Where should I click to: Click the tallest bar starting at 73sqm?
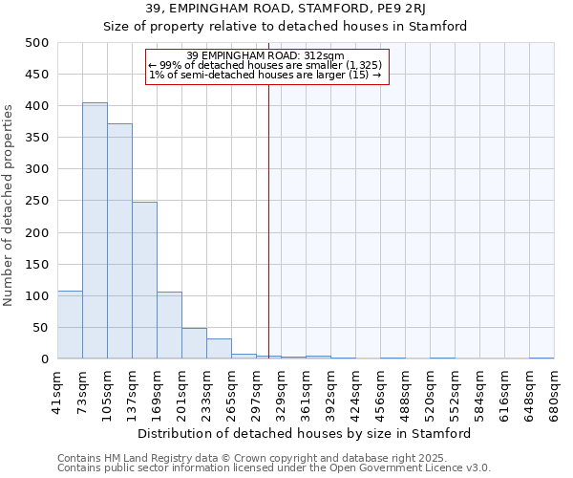[x=95, y=230]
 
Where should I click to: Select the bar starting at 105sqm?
[x=119, y=241]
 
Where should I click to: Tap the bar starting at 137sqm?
[x=144, y=280]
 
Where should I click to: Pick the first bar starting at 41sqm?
[x=70, y=325]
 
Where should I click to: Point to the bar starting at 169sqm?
[x=169, y=325]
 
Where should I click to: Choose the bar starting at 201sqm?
[x=194, y=343]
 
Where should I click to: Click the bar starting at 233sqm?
[x=219, y=349]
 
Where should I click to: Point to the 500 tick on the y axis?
[x=37, y=43]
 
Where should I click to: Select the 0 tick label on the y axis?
[x=44, y=359]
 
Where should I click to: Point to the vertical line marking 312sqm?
[x=268, y=220]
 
